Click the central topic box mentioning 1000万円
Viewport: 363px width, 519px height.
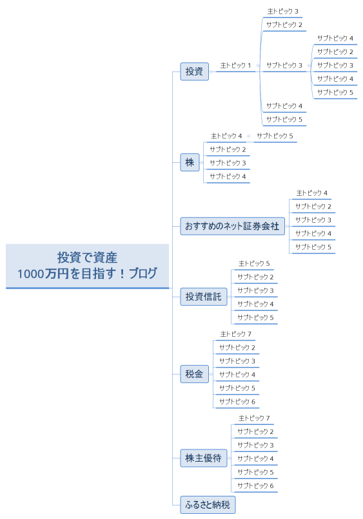87,265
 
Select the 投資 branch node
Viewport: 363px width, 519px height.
194,71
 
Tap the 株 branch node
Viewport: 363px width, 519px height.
190,162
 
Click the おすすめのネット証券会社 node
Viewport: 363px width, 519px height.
232,226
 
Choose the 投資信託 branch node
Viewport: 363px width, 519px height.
203,296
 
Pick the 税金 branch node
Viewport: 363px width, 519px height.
194,373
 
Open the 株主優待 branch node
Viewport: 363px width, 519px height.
203,458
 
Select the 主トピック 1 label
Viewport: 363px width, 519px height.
235,65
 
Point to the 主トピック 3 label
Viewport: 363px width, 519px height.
283,11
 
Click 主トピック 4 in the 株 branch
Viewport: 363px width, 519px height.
226,136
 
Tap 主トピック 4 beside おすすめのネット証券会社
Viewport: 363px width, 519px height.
312,193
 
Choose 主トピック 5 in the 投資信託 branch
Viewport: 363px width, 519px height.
254,263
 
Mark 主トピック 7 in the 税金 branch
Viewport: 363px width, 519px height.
235,334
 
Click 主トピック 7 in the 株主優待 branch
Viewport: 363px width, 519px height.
254,418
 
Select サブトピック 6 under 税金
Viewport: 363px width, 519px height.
237,401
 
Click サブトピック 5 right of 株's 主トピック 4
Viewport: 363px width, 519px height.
275,136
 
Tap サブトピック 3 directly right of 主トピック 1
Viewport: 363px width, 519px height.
284,65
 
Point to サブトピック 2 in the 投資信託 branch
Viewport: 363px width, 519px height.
255,277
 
